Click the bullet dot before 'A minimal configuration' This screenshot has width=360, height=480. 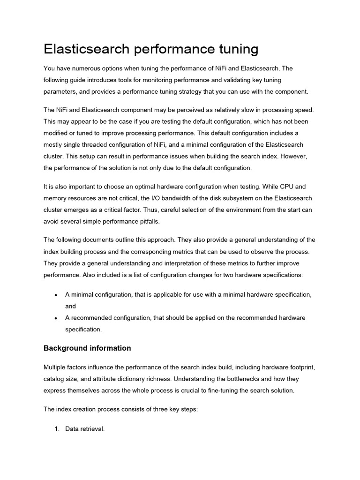pos(56,295)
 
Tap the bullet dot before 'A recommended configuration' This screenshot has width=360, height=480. pos(56,318)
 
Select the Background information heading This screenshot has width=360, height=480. pos(87,348)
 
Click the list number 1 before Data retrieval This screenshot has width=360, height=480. pos(57,429)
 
